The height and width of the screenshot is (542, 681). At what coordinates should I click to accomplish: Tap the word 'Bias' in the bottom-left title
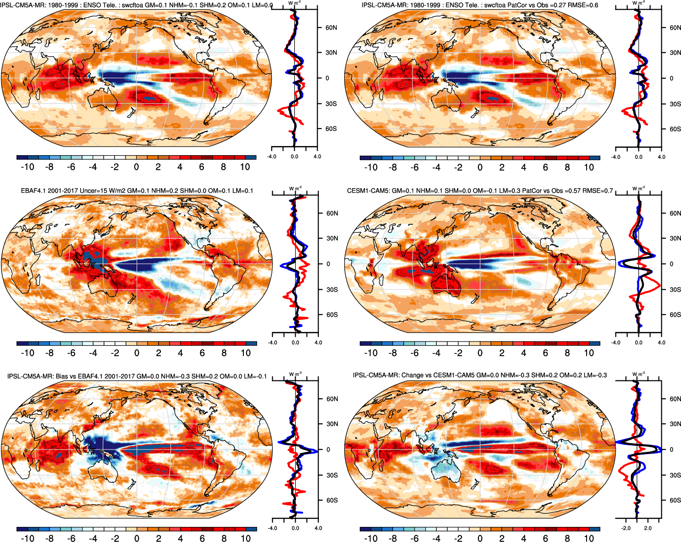coord(63,376)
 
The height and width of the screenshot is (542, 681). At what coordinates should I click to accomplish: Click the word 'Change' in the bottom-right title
coord(412,375)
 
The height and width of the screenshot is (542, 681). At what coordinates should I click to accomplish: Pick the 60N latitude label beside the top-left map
coord(331,27)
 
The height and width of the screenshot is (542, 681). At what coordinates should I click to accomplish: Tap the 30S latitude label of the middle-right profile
coord(675,289)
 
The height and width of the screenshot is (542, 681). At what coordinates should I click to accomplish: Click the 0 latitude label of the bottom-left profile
coord(328,450)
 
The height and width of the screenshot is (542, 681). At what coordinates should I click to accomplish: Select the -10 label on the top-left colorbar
coord(27,167)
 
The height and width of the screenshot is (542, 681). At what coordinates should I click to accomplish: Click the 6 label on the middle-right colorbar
coord(545,353)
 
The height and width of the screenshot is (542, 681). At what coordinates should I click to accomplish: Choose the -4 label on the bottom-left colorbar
coord(93,539)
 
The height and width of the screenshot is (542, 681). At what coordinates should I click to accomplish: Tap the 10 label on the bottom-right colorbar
coord(589,539)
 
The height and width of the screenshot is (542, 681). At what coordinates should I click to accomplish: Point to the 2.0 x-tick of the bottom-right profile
coord(648,528)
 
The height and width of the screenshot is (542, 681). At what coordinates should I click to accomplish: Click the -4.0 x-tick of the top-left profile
coord(272,157)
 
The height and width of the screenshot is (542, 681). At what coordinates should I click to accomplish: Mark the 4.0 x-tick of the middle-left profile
coord(318,342)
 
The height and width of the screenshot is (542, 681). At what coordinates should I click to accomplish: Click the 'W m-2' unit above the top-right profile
coord(638,3)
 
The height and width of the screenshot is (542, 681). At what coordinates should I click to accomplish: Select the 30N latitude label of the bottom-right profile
coord(675,424)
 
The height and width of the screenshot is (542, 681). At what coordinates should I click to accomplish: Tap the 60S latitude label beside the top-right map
coord(675,129)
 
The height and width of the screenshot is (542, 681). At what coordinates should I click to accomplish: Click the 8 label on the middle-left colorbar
coord(224,353)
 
